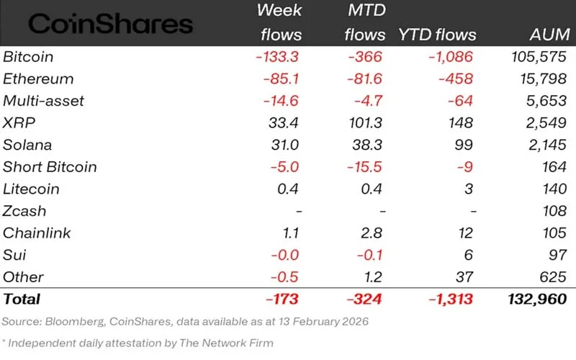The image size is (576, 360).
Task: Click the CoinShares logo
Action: click(110, 24)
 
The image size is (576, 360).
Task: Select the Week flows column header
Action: click(281, 22)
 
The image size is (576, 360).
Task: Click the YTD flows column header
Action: click(438, 35)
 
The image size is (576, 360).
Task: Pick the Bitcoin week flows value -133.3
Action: click(277, 57)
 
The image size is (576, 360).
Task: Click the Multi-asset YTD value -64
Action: click(464, 101)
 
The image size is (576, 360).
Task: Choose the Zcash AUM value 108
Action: click(555, 211)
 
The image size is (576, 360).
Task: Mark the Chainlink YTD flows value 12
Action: click(469, 233)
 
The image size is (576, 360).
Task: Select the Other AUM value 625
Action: click(554, 277)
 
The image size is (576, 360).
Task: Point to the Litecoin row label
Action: click(30, 189)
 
